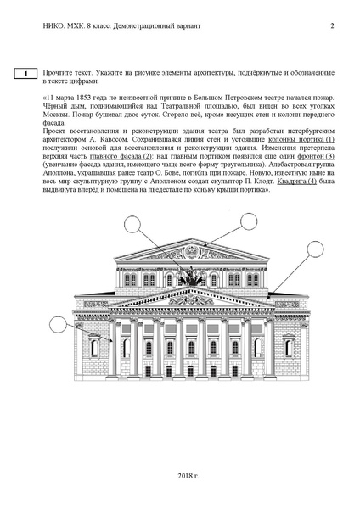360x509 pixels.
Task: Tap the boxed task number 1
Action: point(26,75)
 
